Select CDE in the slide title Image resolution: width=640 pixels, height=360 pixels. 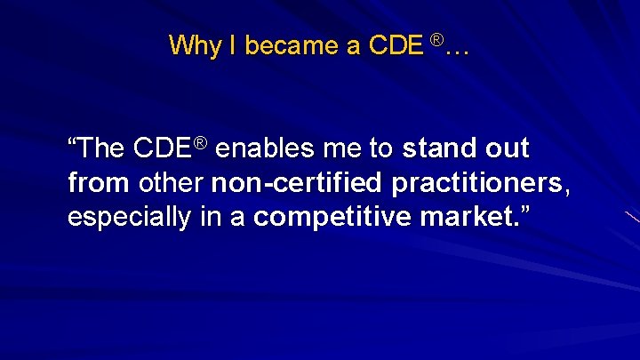click(x=396, y=46)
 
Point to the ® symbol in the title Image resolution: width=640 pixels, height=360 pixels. click(x=436, y=39)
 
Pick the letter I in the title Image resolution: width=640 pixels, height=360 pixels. click(x=228, y=46)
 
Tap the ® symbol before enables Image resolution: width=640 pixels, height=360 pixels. click(x=202, y=142)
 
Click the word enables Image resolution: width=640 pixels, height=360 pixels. click(x=260, y=148)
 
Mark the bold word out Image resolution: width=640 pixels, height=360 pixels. click(x=506, y=148)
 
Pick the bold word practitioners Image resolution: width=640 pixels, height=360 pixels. click(x=471, y=184)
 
